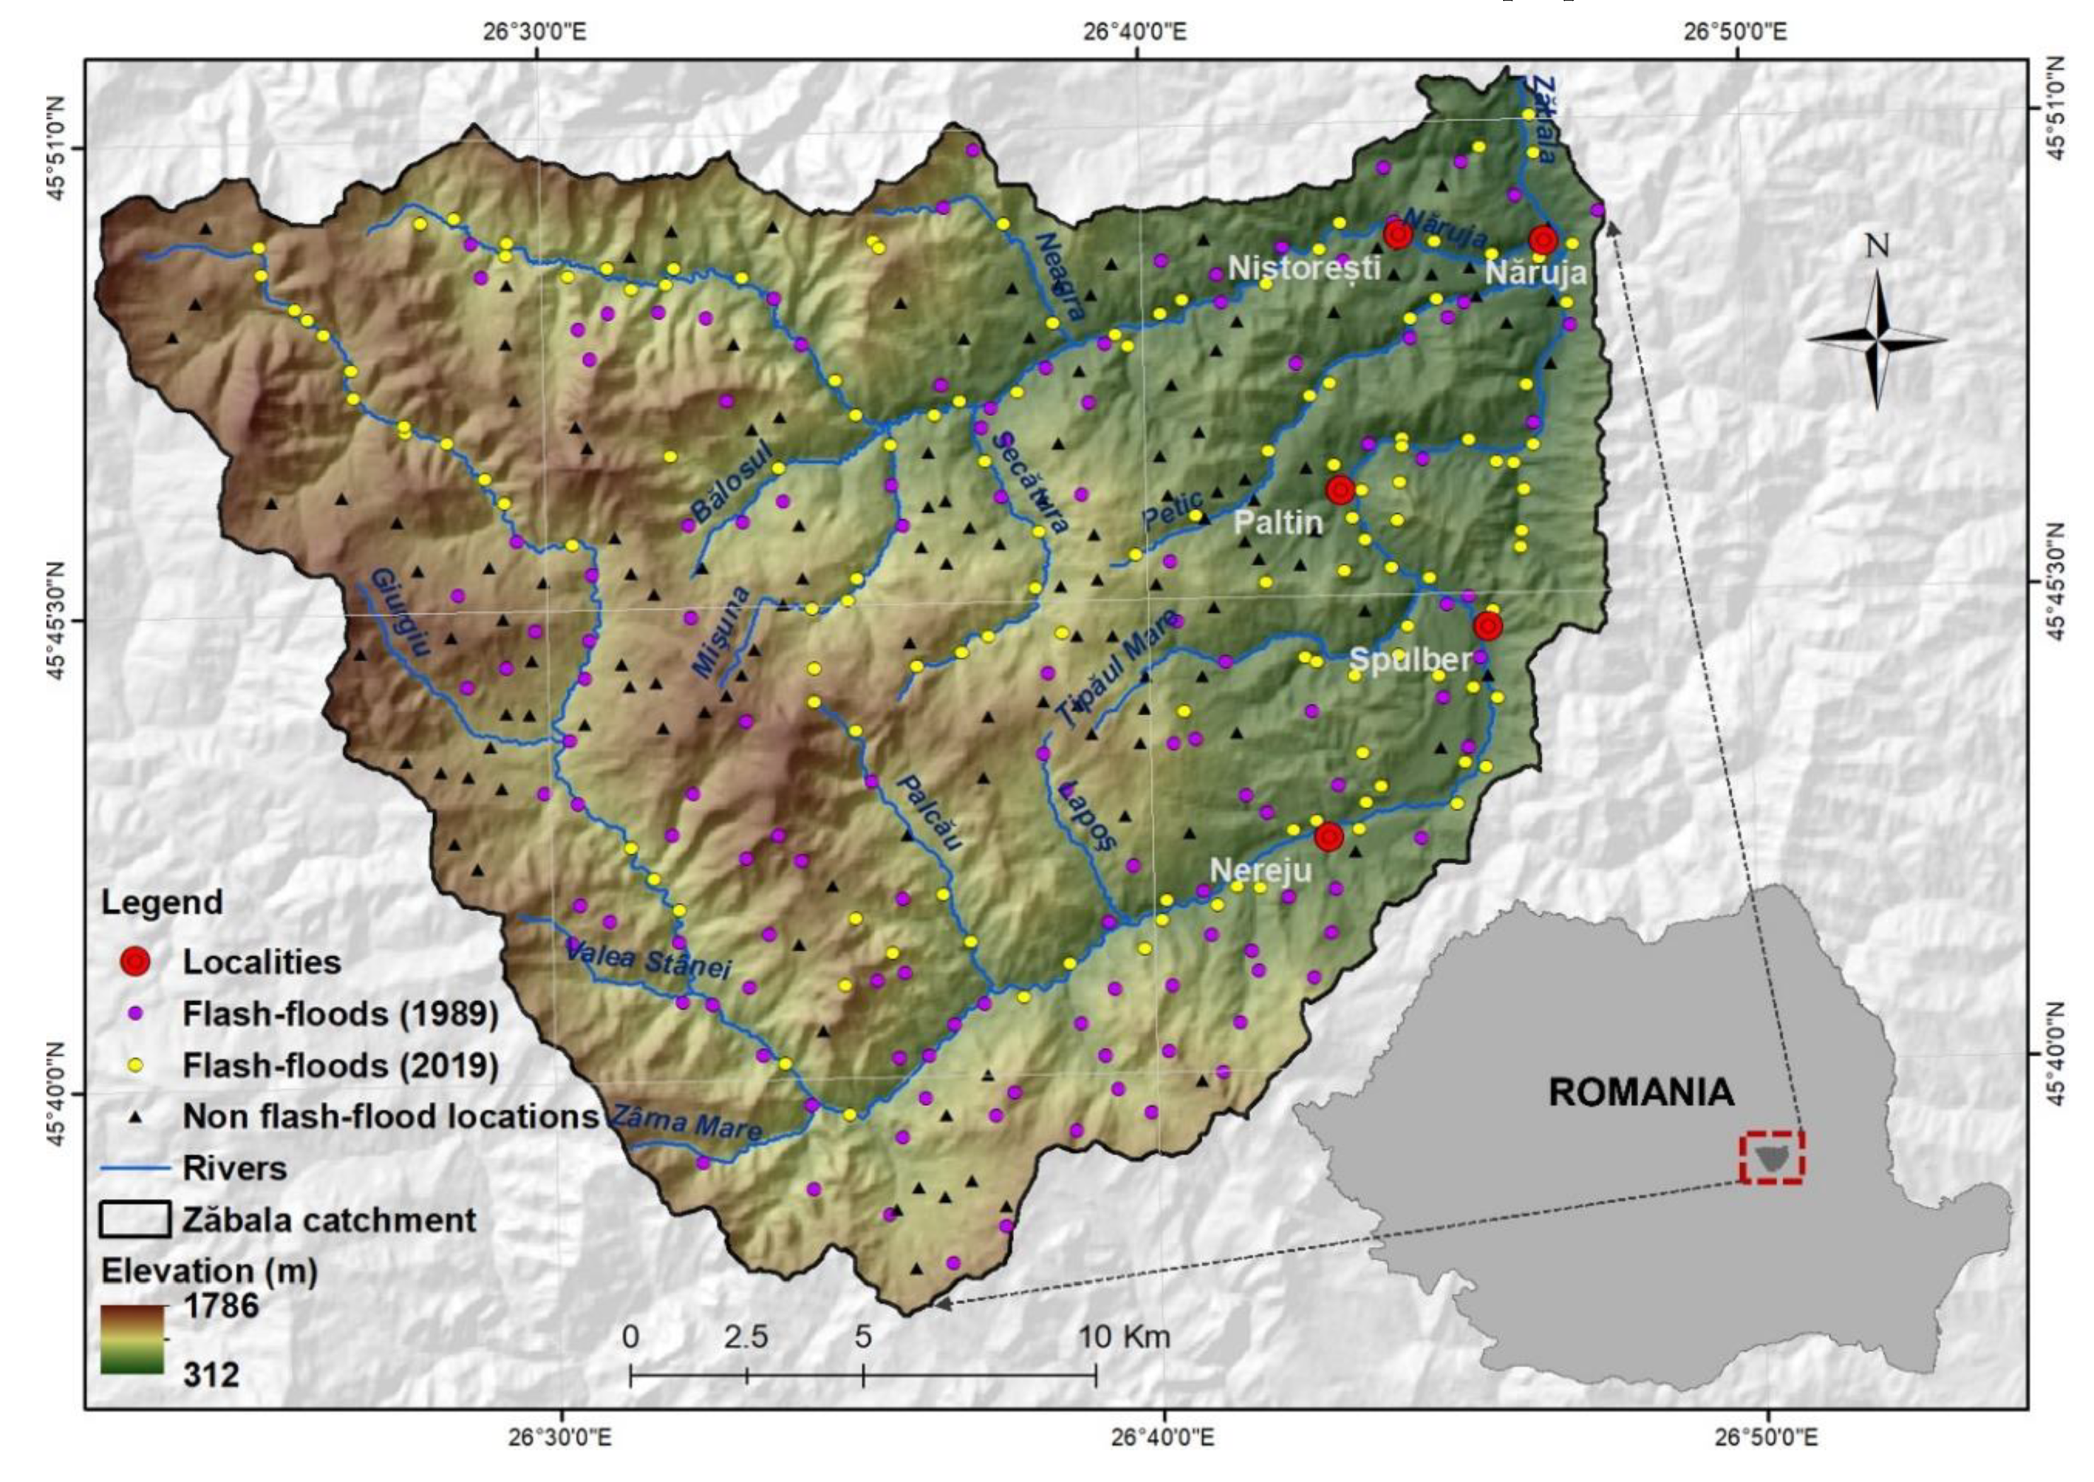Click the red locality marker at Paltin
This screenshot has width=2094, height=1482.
tap(1339, 490)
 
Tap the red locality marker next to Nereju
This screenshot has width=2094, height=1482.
tap(1328, 836)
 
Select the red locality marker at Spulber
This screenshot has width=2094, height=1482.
tap(1488, 626)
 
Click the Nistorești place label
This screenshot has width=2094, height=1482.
tap(1304, 268)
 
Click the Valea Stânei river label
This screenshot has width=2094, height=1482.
tap(648, 959)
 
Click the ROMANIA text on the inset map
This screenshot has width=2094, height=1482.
tap(1640, 1092)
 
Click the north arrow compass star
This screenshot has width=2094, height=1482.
tap(1876, 340)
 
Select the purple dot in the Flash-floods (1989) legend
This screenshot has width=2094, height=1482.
tap(136, 1013)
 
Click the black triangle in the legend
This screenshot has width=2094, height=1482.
tap(136, 1117)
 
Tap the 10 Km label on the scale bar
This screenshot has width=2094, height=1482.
tap(1124, 1338)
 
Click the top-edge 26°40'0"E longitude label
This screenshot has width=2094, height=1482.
tap(1136, 32)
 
